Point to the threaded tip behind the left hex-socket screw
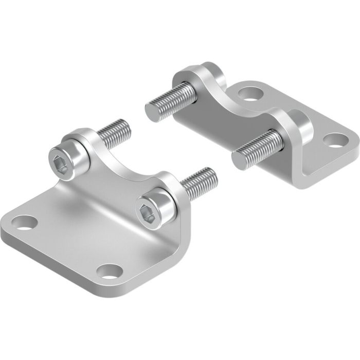pyautogui.click(x=116, y=131)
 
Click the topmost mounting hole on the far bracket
pyautogui.click(x=250, y=94)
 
